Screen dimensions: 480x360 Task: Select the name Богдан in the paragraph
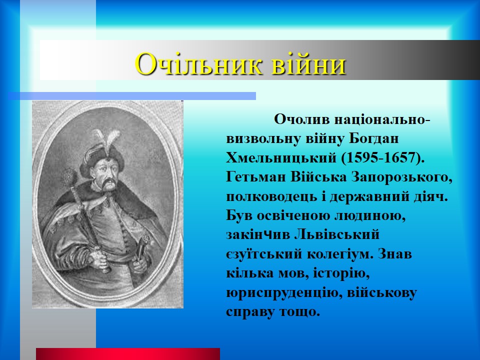click(374, 138)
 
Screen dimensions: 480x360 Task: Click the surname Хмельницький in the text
click(281, 158)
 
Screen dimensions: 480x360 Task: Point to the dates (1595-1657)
click(382, 158)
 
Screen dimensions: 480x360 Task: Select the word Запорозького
click(401, 177)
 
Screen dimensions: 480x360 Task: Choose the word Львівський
click(337, 234)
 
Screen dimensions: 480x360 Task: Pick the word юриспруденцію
click(283, 293)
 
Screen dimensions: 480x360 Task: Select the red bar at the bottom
click(128, 354)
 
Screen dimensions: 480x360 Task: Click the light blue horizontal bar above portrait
click(132, 96)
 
